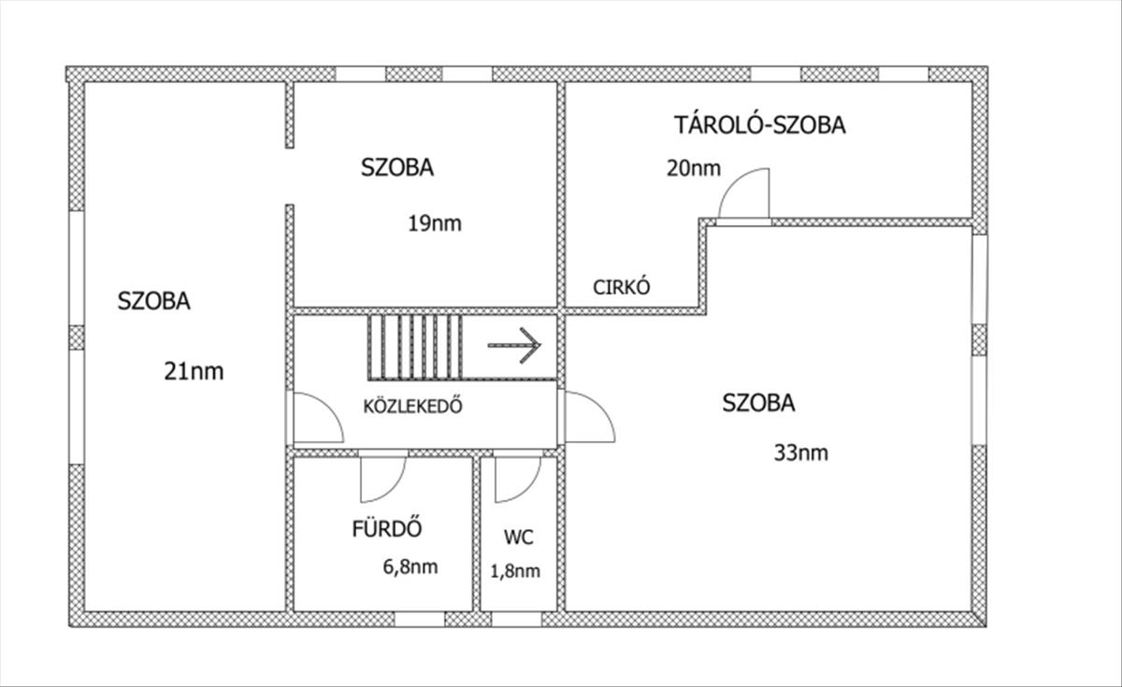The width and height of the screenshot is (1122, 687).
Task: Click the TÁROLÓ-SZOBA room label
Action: [x=760, y=124]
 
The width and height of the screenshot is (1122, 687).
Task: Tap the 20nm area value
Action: [x=694, y=168]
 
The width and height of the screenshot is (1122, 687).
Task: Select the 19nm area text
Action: [x=435, y=223]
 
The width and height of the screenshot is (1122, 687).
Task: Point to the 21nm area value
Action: [x=194, y=372]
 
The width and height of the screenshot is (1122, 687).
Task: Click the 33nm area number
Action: [x=801, y=452]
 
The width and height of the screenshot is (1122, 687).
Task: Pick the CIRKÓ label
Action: [x=622, y=287]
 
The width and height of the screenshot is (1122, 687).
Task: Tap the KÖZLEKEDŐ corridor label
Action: [x=412, y=406]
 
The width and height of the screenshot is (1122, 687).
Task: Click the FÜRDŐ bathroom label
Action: [x=387, y=528]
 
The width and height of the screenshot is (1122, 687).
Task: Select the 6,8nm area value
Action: [x=410, y=566]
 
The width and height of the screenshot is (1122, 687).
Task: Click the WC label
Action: [x=518, y=537]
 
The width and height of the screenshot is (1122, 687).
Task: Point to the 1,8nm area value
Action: [x=515, y=571]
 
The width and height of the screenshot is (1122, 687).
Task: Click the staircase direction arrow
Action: [x=514, y=345]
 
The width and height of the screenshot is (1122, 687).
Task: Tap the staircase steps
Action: [x=415, y=347]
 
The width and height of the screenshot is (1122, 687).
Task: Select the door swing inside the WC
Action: [x=518, y=479]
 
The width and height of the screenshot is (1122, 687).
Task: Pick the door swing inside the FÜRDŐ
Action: [x=383, y=479]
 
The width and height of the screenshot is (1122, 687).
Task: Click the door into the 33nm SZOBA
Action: [x=590, y=417]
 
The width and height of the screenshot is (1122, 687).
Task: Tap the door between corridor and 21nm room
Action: [x=319, y=418]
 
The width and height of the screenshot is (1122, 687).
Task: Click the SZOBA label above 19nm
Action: [x=397, y=167]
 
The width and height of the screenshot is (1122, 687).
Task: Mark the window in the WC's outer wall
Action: [x=516, y=620]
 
